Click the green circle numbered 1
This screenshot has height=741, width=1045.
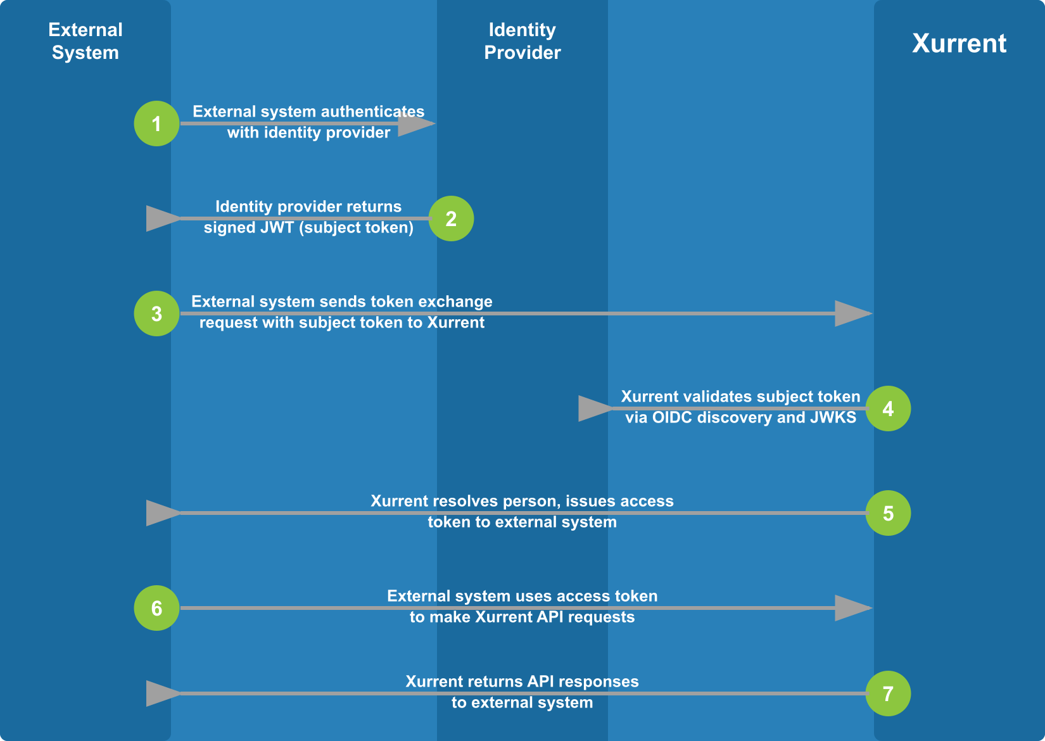(156, 123)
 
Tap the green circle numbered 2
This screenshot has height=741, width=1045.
(451, 218)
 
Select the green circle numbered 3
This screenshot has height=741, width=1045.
(156, 313)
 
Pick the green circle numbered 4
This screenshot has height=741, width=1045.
(888, 408)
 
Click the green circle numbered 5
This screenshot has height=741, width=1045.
(888, 513)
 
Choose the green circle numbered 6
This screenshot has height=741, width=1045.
(156, 608)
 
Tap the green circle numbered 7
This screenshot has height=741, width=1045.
(888, 693)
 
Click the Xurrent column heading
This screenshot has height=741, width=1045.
(959, 43)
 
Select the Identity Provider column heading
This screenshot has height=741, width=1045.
(522, 41)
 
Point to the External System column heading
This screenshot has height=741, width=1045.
(85, 41)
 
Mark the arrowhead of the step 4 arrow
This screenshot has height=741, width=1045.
(595, 408)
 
